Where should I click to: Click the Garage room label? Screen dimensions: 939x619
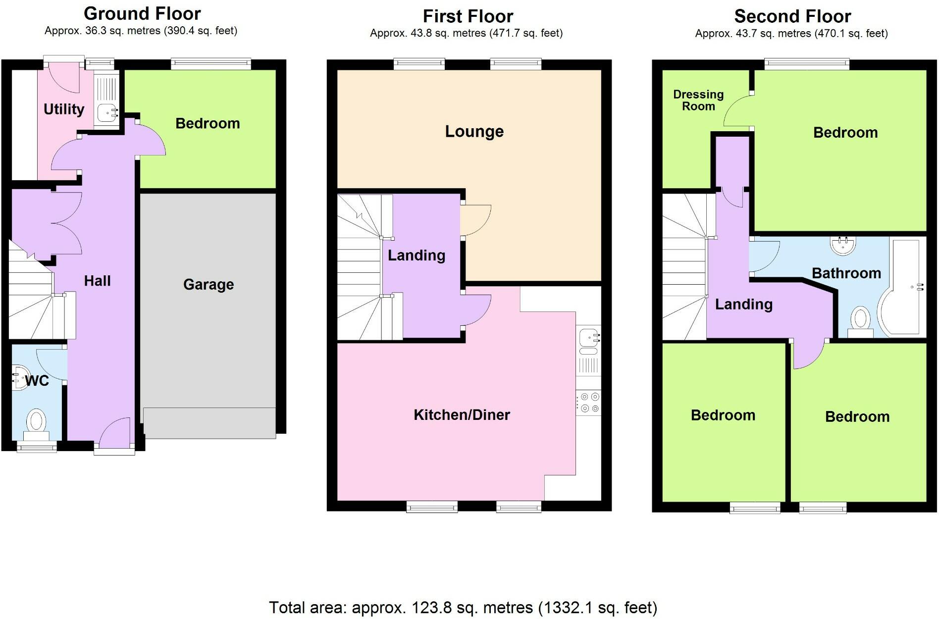(x=208, y=284)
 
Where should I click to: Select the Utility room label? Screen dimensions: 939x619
(x=64, y=109)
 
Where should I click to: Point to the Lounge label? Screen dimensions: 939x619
(x=474, y=131)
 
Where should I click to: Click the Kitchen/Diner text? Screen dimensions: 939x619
(x=462, y=414)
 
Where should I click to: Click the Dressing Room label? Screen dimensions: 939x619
(x=698, y=100)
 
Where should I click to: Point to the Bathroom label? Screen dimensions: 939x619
(x=846, y=273)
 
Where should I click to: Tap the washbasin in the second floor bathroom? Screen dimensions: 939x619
(x=842, y=245)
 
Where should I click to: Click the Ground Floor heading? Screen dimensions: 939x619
(x=142, y=13)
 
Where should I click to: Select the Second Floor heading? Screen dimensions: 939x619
(x=792, y=16)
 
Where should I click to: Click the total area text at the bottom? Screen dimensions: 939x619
(x=463, y=607)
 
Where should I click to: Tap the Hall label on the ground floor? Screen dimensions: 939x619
(x=97, y=281)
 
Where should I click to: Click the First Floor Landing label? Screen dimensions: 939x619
(x=416, y=255)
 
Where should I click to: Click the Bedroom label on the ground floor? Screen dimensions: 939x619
(x=208, y=123)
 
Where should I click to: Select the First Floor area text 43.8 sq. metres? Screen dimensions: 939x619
(x=466, y=33)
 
